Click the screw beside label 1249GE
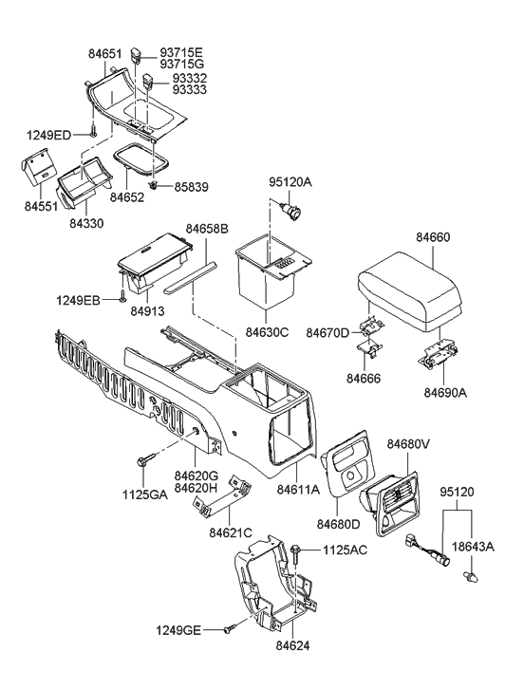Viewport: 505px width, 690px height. click(229, 628)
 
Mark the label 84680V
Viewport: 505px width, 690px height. click(408, 444)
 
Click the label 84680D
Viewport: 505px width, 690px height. click(340, 523)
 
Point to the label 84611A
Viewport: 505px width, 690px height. click(297, 491)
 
